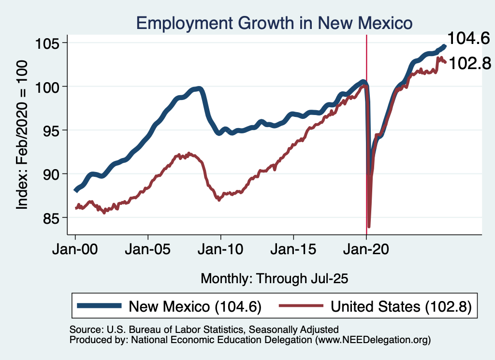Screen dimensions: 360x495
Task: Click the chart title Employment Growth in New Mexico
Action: (275, 23)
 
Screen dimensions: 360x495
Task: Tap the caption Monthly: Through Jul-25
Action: (275, 278)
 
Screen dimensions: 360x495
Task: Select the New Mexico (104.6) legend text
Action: (195, 306)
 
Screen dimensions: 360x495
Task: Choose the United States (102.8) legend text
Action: (401, 306)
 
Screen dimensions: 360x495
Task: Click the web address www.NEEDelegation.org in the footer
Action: (372, 340)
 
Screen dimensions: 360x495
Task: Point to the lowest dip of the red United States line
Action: (369, 226)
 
